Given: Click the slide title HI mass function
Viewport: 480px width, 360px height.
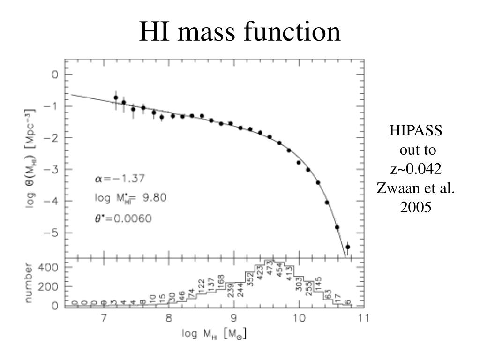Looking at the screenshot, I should (x=240, y=32).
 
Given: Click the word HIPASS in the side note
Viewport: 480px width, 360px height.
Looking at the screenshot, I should (x=416, y=130).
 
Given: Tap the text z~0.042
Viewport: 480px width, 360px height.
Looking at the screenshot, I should (x=416, y=169).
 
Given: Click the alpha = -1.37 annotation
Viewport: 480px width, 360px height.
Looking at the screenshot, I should (x=120, y=178).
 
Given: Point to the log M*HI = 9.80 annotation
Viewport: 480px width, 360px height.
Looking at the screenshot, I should (x=130, y=198).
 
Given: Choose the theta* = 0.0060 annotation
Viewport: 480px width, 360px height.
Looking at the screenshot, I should (x=123, y=218).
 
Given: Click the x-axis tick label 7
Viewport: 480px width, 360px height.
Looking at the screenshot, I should (x=103, y=318).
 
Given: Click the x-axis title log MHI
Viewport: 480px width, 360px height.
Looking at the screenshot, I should (x=214, y=334).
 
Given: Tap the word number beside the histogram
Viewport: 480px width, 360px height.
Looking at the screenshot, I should (x=30, y=283).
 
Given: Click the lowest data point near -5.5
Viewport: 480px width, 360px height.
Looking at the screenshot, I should (x=348, y=247).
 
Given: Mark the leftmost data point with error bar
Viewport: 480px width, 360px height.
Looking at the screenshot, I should (x=116, y=98).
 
